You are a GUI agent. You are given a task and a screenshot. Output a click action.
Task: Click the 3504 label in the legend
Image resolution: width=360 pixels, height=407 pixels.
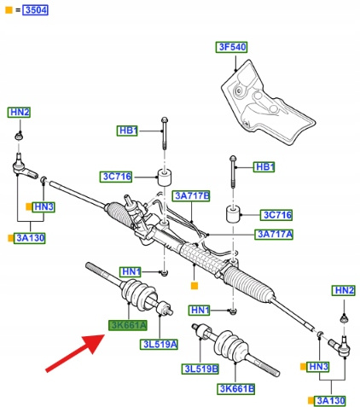click(x=35, y=10)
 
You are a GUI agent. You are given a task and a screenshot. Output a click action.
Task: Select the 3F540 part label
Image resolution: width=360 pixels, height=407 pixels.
click(x=231, y=47)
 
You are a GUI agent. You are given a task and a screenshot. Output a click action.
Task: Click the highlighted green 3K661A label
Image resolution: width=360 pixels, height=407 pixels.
click(x=128, y=325)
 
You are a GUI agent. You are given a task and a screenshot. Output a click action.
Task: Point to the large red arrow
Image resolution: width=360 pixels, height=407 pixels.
click(x=75, y=353)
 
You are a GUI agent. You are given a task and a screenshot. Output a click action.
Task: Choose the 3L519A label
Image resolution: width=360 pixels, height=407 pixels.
click(x=159, y=345)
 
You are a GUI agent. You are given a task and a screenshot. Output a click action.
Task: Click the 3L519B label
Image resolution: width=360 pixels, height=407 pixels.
click(x=200, y=369)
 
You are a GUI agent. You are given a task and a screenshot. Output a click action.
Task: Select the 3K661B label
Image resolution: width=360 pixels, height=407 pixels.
click(x=236, y=388)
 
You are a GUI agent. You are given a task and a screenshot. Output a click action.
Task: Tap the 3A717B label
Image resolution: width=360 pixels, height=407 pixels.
click(x=191, y=196)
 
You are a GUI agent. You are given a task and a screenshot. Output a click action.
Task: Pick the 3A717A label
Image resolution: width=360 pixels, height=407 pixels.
click(x=274, y=235)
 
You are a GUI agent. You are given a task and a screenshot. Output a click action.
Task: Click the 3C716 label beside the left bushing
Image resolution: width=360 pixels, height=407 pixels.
click(x=116, y=177)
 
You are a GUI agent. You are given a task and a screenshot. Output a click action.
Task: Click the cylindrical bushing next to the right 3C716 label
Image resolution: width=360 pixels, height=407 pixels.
click(x=233, y=214)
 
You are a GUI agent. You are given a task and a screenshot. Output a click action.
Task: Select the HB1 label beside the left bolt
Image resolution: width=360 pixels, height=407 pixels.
click(x=127, y=131)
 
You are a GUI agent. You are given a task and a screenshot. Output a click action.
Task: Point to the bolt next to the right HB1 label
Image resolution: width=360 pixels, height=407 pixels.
click(x=233, y=172)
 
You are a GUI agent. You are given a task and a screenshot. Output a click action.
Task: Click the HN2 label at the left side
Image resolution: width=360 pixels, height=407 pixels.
click(x=19, y=113)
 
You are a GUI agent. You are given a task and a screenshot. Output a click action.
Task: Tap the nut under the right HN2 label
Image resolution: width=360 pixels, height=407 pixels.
click(x=345, y=318)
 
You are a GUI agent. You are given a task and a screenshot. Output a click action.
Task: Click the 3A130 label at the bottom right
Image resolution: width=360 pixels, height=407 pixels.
click(x=330, y=401)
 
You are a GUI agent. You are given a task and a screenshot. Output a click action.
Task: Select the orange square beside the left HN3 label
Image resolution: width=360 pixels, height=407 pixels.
click(x=29, y=206)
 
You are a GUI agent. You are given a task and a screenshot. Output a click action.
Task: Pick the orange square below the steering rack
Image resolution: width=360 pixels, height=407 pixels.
click(x=195, y=286)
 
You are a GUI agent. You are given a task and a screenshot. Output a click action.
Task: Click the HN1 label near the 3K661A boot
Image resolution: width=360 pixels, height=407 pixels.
click(x=131, y=272)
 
